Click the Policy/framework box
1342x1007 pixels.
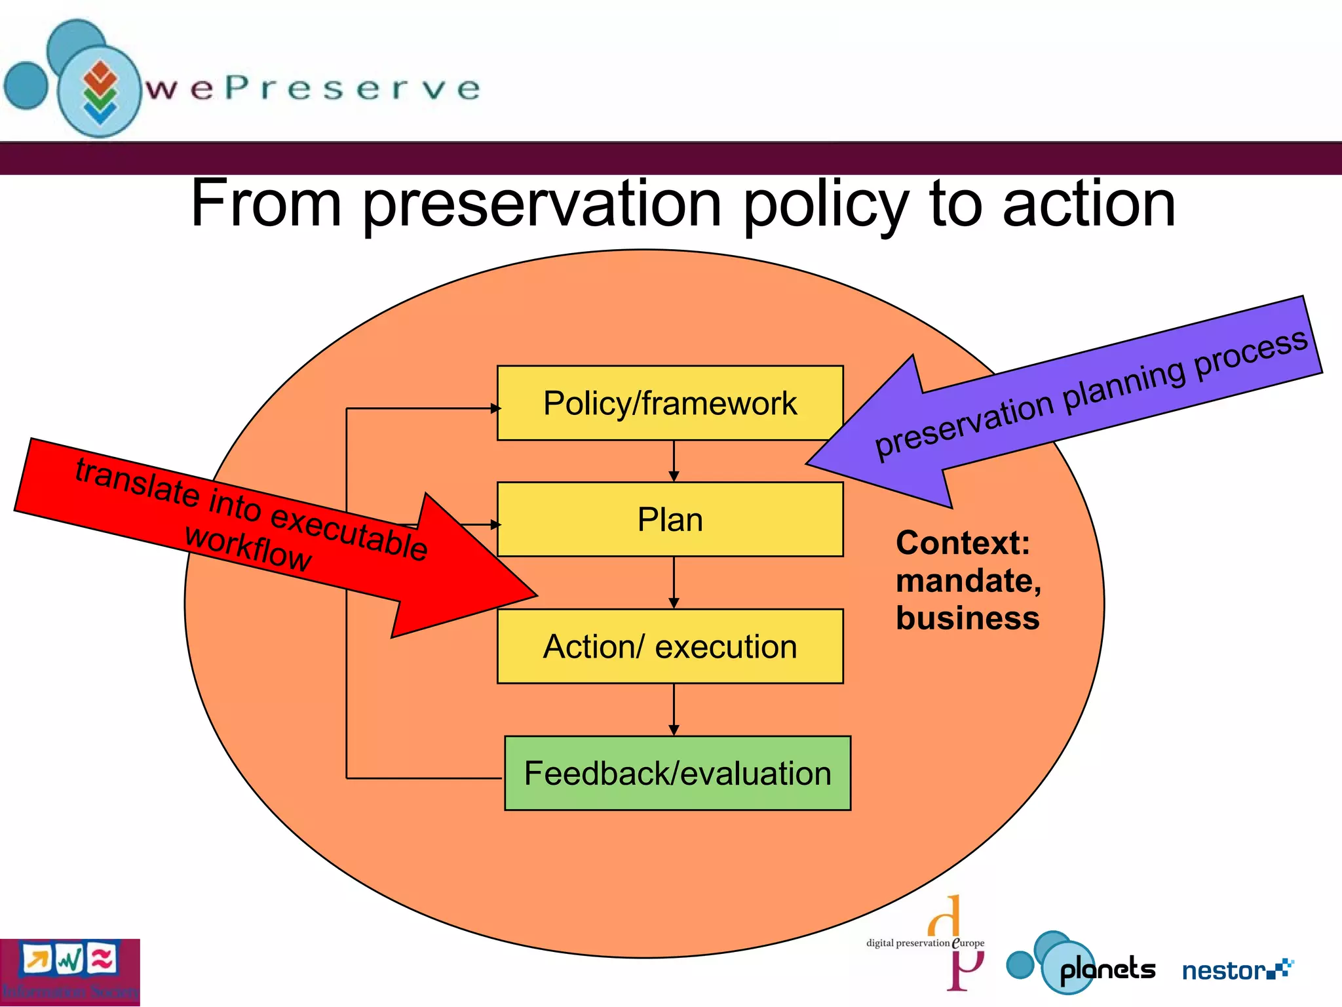tap(670, 403)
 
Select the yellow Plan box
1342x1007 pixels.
tap(670, 519)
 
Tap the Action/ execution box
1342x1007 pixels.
tap(670, 646)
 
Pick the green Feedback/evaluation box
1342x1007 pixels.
tap(677, 773)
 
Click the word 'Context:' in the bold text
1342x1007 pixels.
tap(963, 543)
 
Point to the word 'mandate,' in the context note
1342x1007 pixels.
tap(968, 581)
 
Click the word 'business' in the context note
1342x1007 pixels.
tap(967, 618)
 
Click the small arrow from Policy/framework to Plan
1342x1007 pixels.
tap(674, 462)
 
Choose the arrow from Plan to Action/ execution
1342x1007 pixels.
tap(674, 583)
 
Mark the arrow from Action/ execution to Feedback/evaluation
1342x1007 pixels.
tap(674, 709)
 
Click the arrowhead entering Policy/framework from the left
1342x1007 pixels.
tap(495, 408)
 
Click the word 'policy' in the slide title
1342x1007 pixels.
tap(825, 205)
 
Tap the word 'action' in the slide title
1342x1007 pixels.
tap(1088, 205)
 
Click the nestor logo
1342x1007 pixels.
tap(1236, 970)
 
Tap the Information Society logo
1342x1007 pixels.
tap(69, 972)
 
